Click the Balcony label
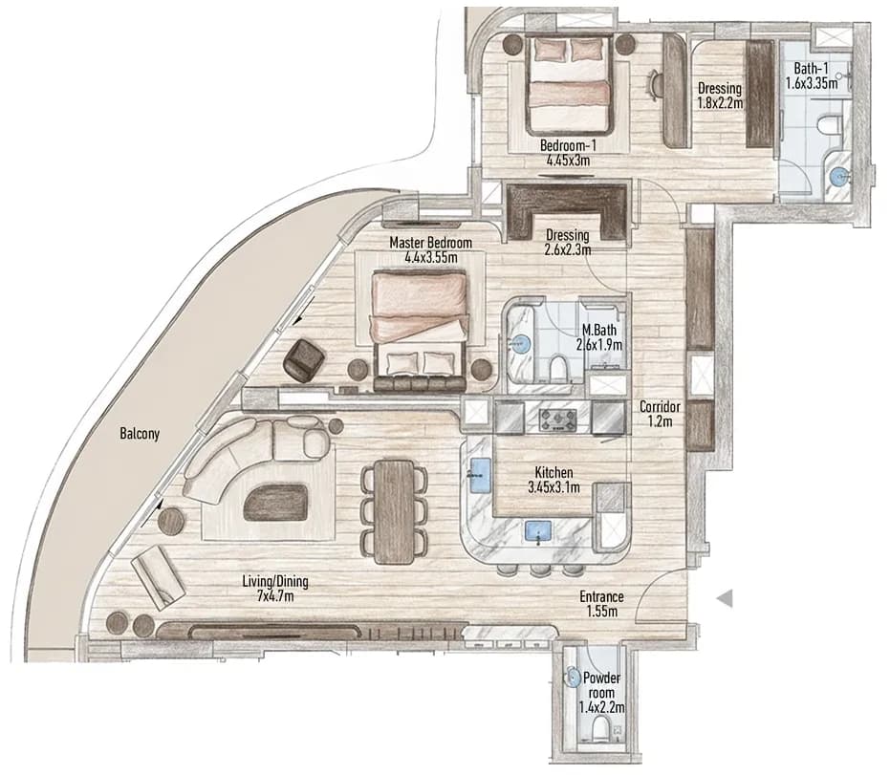pos(140,434)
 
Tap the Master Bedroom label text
pos(430,243)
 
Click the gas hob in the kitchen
pos(557,420)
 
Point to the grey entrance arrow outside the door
pos(724,598)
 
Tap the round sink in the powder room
pos(572,678)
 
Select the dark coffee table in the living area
pos(275,502)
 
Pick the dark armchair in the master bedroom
pos(304,359)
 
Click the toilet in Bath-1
pos(831,126)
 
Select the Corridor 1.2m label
pos(660,414)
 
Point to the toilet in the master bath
pos(557,368)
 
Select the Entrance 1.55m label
pos(601,604)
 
